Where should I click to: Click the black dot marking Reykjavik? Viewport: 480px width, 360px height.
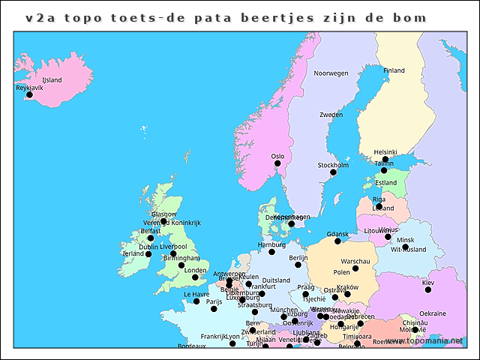pos(29,94)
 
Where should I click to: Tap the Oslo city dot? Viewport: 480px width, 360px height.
pos(277,163)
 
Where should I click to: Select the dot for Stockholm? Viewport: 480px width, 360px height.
pos(333,172)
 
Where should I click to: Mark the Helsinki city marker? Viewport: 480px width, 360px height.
pos(385,159)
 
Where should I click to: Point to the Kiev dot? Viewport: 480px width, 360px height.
pos(428,289)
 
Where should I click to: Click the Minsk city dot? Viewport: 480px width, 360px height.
pos(405,247)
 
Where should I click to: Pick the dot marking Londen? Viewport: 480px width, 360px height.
pos(195,277)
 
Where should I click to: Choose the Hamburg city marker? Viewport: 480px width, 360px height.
pos(271,252)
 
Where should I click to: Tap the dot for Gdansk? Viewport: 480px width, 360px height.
pos(337,241)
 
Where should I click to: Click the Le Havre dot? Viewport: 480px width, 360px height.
pos(196,301)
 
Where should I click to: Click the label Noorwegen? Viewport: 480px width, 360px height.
pos(331,73)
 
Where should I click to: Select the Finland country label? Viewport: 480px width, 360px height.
pos(394,70)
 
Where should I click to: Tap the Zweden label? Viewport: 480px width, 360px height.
pos(331,115)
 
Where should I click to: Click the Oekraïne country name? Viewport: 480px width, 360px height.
pos(433,313)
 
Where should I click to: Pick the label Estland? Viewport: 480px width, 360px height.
pos(386,183)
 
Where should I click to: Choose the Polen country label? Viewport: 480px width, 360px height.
pos(341,272)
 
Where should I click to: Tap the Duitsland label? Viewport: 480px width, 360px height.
pos(276,280)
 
